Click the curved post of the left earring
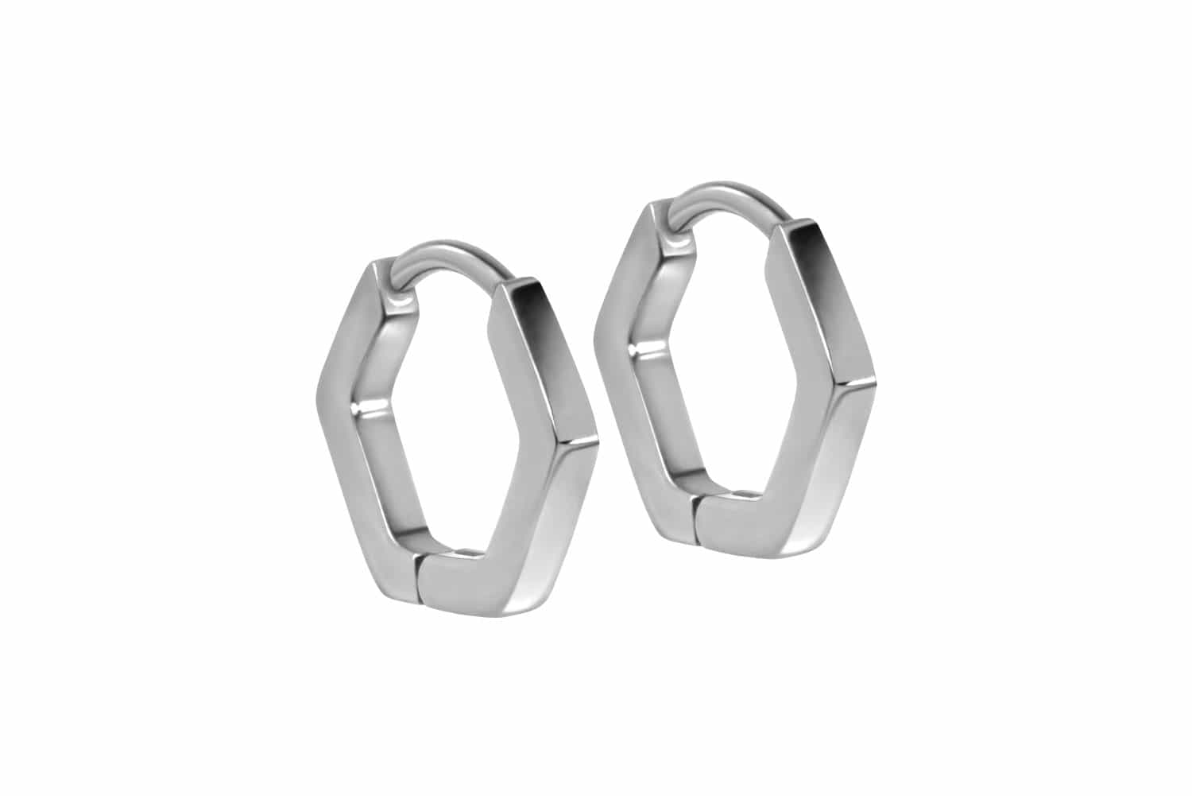coord(445,254)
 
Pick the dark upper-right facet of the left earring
coord(548,358)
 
